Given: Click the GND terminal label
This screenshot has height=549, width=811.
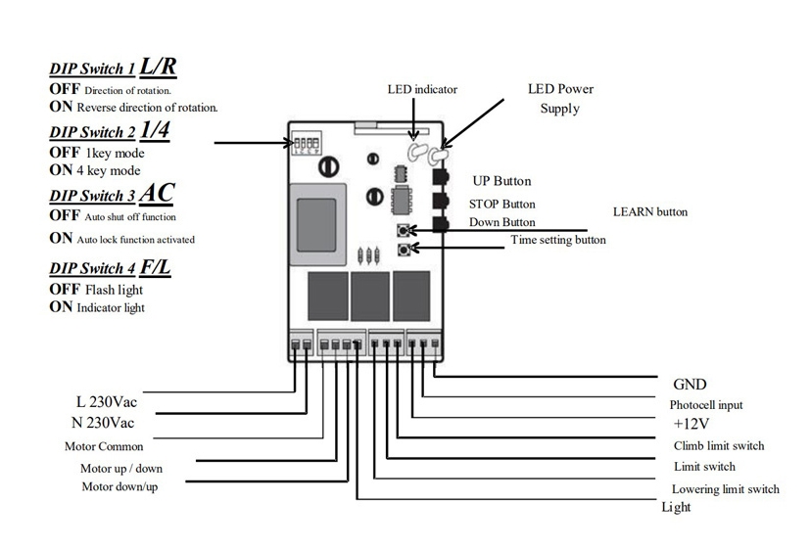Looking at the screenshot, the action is (690, 385).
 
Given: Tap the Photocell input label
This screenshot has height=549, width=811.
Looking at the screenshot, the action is (706, 405).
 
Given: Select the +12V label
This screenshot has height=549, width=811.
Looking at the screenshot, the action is (691, 424).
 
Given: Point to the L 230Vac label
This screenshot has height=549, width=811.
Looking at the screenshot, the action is (107, 401).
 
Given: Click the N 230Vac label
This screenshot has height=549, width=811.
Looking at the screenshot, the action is (103, 423).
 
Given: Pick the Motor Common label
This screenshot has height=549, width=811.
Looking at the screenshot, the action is (104, 446).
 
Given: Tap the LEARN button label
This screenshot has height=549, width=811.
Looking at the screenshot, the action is (650, 212).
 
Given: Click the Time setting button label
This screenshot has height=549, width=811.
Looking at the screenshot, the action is (558, 240).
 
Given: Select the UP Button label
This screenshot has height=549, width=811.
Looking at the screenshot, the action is (501, 181).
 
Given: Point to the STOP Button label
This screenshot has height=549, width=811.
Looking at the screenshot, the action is (501, 205).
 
